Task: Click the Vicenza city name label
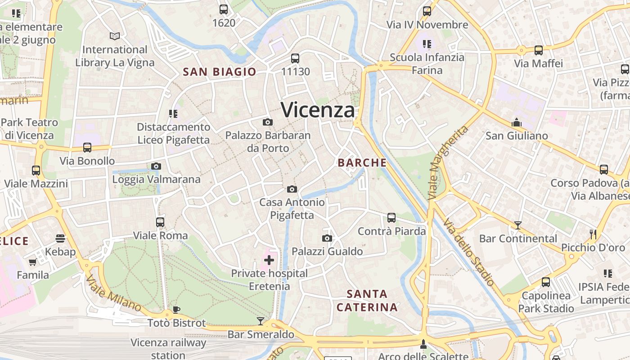318,110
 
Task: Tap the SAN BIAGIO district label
219,72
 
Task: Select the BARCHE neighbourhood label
362,163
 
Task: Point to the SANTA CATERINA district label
367,301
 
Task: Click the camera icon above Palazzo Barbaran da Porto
268,122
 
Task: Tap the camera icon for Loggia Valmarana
156,166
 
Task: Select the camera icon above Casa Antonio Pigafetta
292,189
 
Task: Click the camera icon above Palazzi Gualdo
327,238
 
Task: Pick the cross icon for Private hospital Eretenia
269,260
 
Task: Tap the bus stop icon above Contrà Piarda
391,218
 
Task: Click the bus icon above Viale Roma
160,222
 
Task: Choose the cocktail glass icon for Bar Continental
518,225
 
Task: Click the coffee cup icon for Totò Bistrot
176,310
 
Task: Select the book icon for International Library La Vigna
115,36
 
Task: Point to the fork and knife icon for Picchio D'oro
593,234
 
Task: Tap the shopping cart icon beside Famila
32,262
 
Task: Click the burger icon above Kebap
60,238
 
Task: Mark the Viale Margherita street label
448,163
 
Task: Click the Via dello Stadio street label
469,252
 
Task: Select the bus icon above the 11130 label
295,58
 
